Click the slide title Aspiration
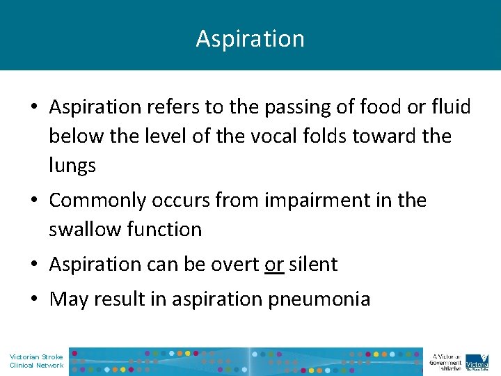pyautogui.click(x=250, y=39)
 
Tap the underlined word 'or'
pyautogui.click(x=274, y=265)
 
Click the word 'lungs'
pyautogui.click(x=72, y=165)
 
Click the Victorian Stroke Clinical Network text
pyautogui.click(x=36, y=361)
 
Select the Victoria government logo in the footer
pyautogui.click(x=477, y=360)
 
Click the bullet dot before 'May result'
pyautogui.click(x=34, y=300)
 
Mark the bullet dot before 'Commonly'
pyautogui.click(x=34, y=201)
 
